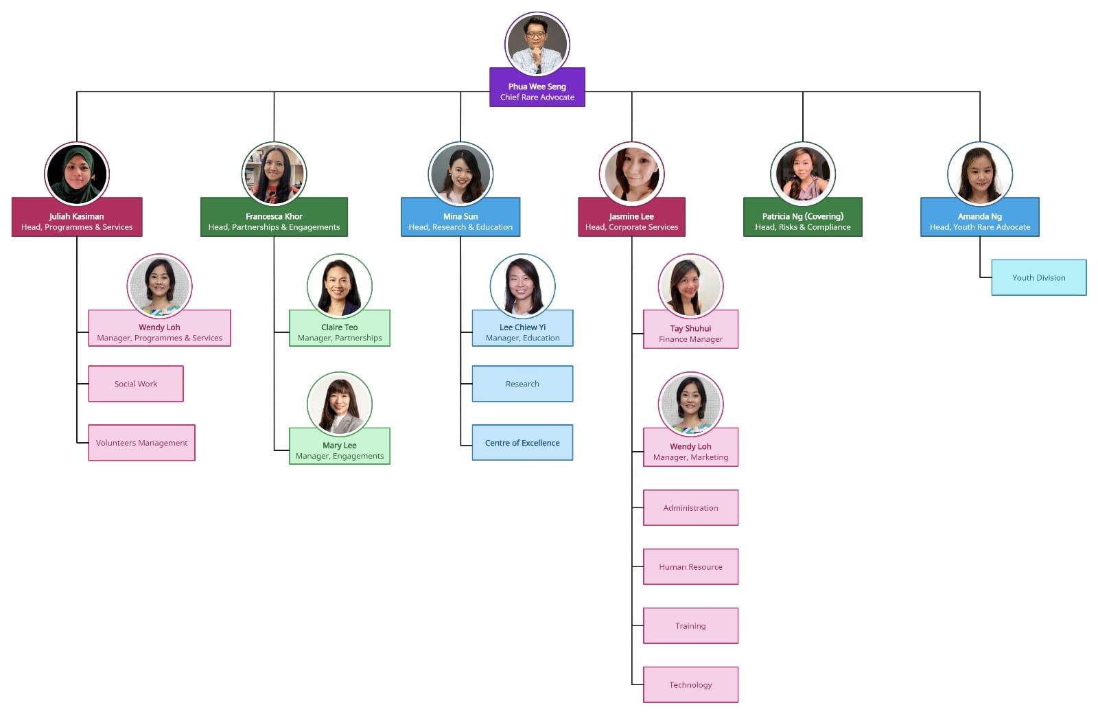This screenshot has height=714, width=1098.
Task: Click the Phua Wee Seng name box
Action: (537, 91)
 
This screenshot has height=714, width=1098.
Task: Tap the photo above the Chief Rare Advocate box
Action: (537, 44)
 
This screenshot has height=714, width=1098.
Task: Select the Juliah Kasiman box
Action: (77, 220)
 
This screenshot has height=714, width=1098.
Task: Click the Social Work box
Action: (136, 384)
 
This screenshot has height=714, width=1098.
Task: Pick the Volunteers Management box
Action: (141, 443)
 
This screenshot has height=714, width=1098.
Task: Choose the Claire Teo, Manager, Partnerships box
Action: (340, 332)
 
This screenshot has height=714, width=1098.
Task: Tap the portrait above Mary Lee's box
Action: (340, 404)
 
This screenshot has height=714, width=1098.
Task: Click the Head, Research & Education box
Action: (460, 220)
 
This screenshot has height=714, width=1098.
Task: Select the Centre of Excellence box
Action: (522, 443)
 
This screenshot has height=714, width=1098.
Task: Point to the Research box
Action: (522, 384)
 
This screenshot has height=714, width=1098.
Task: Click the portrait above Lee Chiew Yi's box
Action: (522, 286)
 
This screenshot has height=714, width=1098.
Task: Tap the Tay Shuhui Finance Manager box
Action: (690, 333)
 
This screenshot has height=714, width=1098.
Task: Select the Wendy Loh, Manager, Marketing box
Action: (690, 451)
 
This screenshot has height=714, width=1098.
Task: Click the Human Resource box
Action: (690, 567)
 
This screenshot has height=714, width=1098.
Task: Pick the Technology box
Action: (690, 685)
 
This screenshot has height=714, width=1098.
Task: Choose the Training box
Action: (690, 626)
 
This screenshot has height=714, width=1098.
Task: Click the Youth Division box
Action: (1038, 278)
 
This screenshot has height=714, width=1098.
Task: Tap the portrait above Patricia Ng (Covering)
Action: (802, 174)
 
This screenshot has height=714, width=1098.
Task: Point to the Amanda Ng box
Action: (979, 220)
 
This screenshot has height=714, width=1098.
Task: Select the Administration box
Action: (690, 508)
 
